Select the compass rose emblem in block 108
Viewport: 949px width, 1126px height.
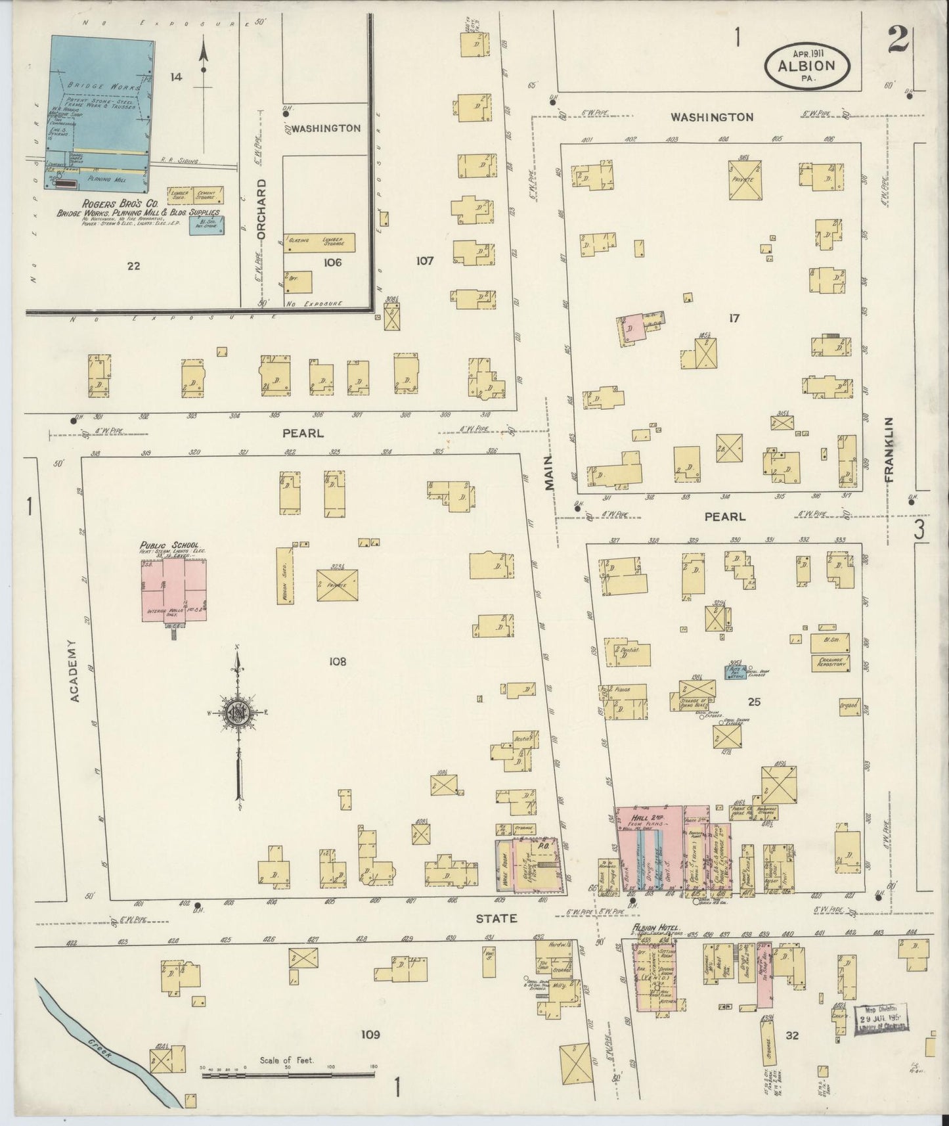coord(236,713)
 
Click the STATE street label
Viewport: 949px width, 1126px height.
coord(501,918)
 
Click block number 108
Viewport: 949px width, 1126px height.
coord(338,662)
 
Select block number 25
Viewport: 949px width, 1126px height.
coord(753,702)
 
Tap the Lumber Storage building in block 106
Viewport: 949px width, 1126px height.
coord(330,242)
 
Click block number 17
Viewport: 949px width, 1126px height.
coord(734,319)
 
